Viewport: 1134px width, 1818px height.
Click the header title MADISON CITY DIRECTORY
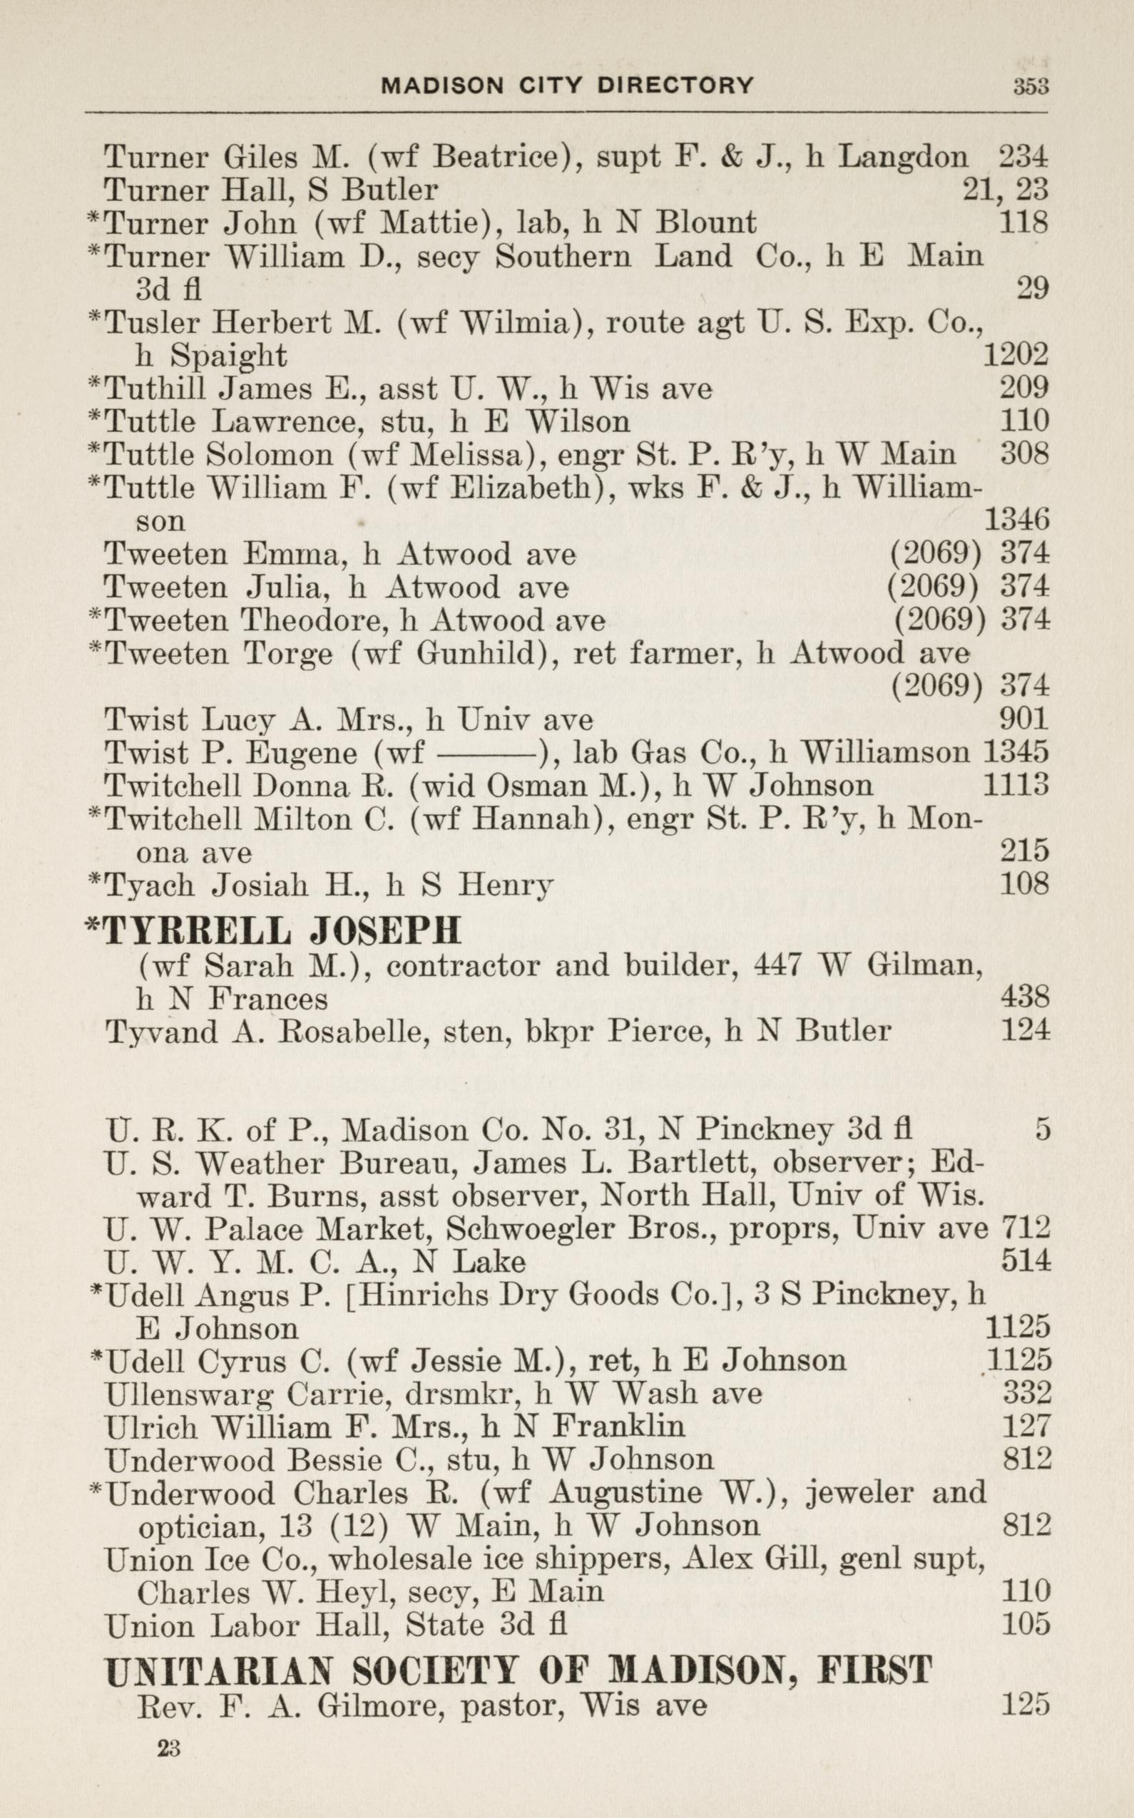pos(567,86)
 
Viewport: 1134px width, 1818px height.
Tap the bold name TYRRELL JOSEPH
pos(281,930)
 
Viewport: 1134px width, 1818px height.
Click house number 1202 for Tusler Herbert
pos(1015,355)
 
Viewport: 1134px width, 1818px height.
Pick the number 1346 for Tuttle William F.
pos(1015,520)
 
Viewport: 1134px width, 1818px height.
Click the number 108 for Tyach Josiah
pos(1023,885)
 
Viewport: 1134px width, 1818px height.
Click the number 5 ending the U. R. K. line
pos(1043,1130)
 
